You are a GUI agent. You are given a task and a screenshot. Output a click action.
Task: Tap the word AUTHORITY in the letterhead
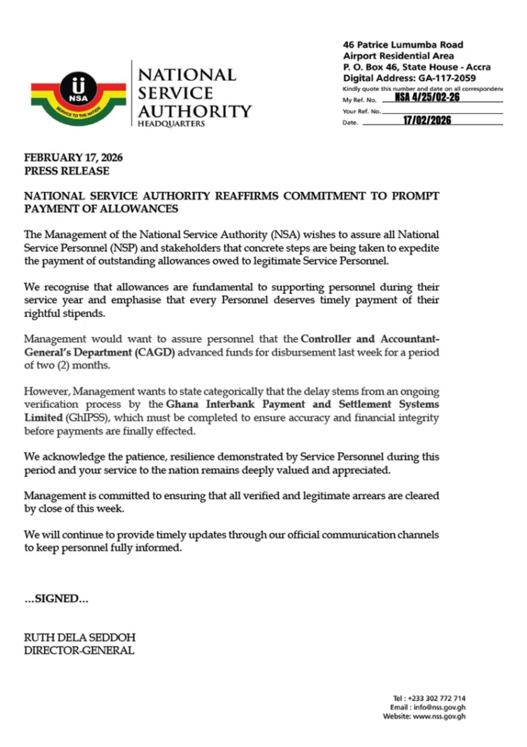pos(195,112)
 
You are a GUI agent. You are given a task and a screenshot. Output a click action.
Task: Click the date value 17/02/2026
pos(427,121)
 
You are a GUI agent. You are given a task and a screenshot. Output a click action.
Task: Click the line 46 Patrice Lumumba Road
pos(403,45)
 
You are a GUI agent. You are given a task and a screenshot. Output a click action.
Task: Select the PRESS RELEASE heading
pos(66,171)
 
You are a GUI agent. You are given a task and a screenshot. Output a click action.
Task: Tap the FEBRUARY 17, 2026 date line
pos(73,158)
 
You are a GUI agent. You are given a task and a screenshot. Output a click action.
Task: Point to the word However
pos(47,391)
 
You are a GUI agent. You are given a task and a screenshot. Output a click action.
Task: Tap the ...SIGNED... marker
pos(56,599)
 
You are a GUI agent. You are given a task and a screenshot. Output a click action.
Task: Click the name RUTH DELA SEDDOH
pos(79,637)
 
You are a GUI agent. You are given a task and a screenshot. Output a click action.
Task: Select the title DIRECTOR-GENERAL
pos(79,650)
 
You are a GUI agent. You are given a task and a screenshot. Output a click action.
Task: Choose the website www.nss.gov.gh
pos(440,716)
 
